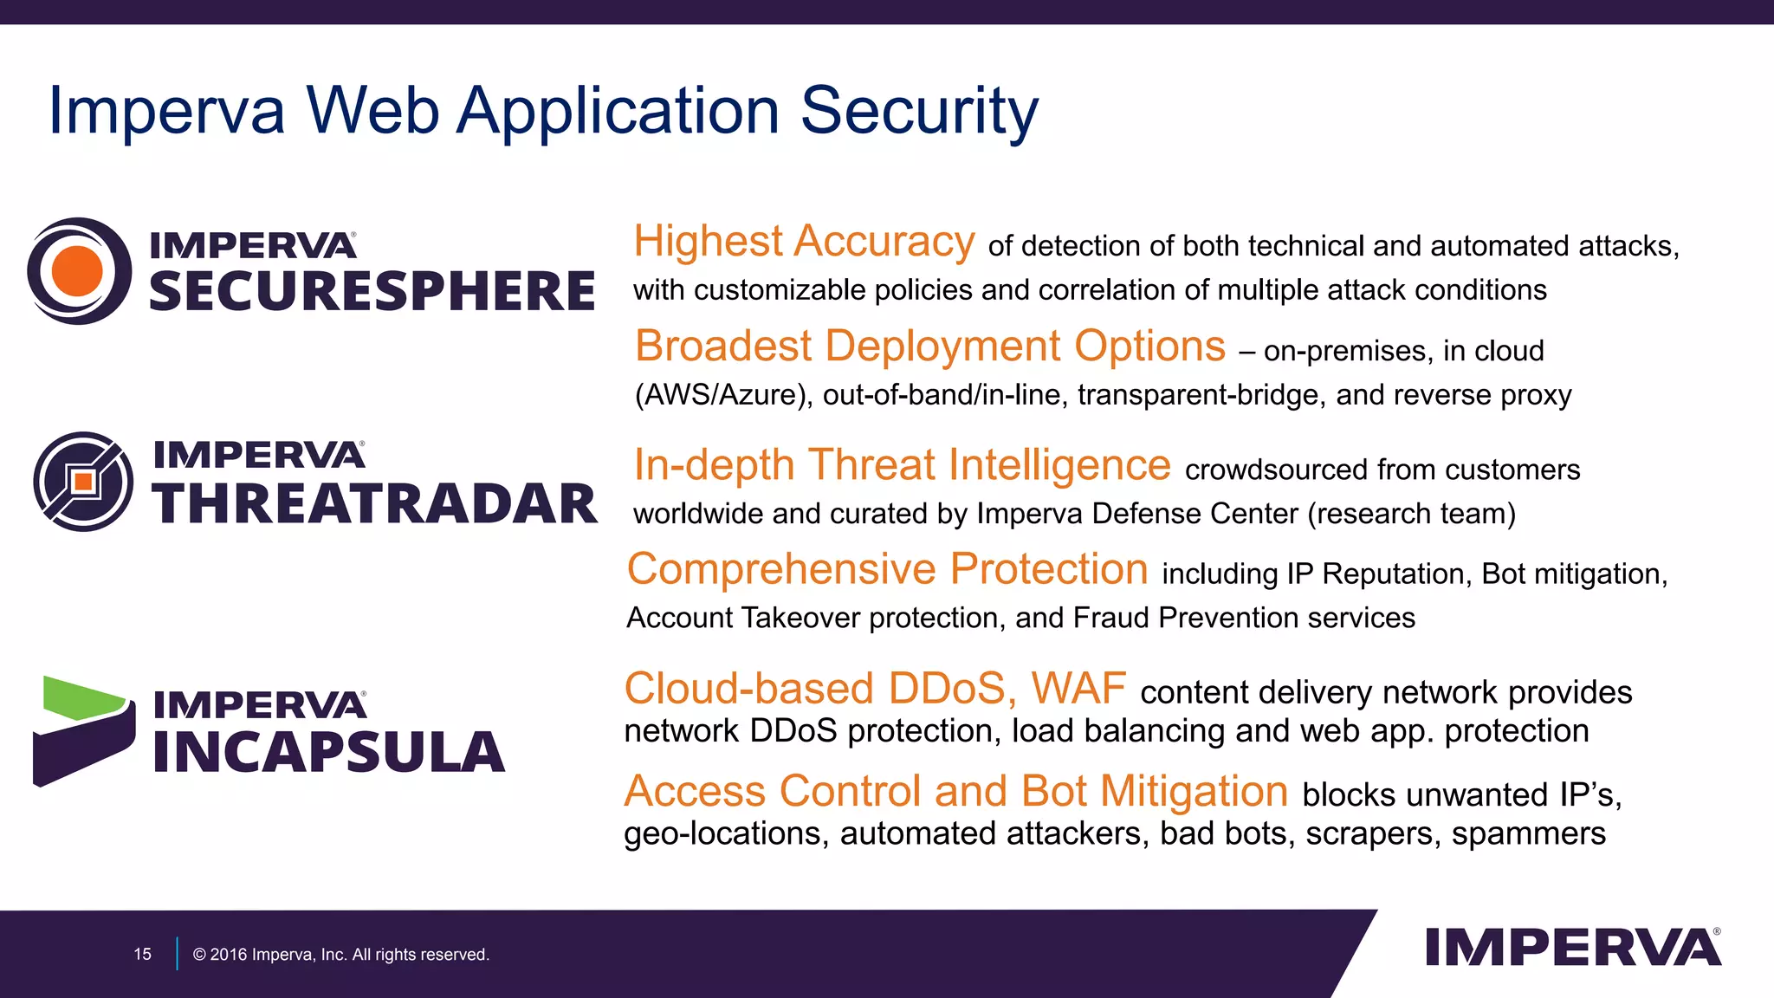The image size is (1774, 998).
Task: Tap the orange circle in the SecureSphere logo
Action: point(77,270)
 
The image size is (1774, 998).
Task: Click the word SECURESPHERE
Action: point(372,291)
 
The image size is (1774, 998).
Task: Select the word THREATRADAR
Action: point(375,504)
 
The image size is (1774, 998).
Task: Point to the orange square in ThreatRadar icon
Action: point(83,482)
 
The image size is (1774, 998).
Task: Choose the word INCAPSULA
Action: point(329,752)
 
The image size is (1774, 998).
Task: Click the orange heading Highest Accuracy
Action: point(804,241)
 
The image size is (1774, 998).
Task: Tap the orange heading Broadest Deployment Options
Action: point(930,346)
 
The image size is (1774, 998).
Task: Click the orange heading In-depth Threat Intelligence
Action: point(902,464)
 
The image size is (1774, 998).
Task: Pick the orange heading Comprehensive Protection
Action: point(887,569)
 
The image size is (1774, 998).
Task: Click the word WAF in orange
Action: point(1078,689)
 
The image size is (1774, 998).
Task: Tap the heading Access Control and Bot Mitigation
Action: point(955,791)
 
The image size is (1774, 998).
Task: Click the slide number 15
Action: point(142,954)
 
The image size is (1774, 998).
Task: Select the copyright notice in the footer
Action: point(340,954)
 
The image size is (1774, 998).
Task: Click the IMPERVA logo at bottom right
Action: point(1572,947)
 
